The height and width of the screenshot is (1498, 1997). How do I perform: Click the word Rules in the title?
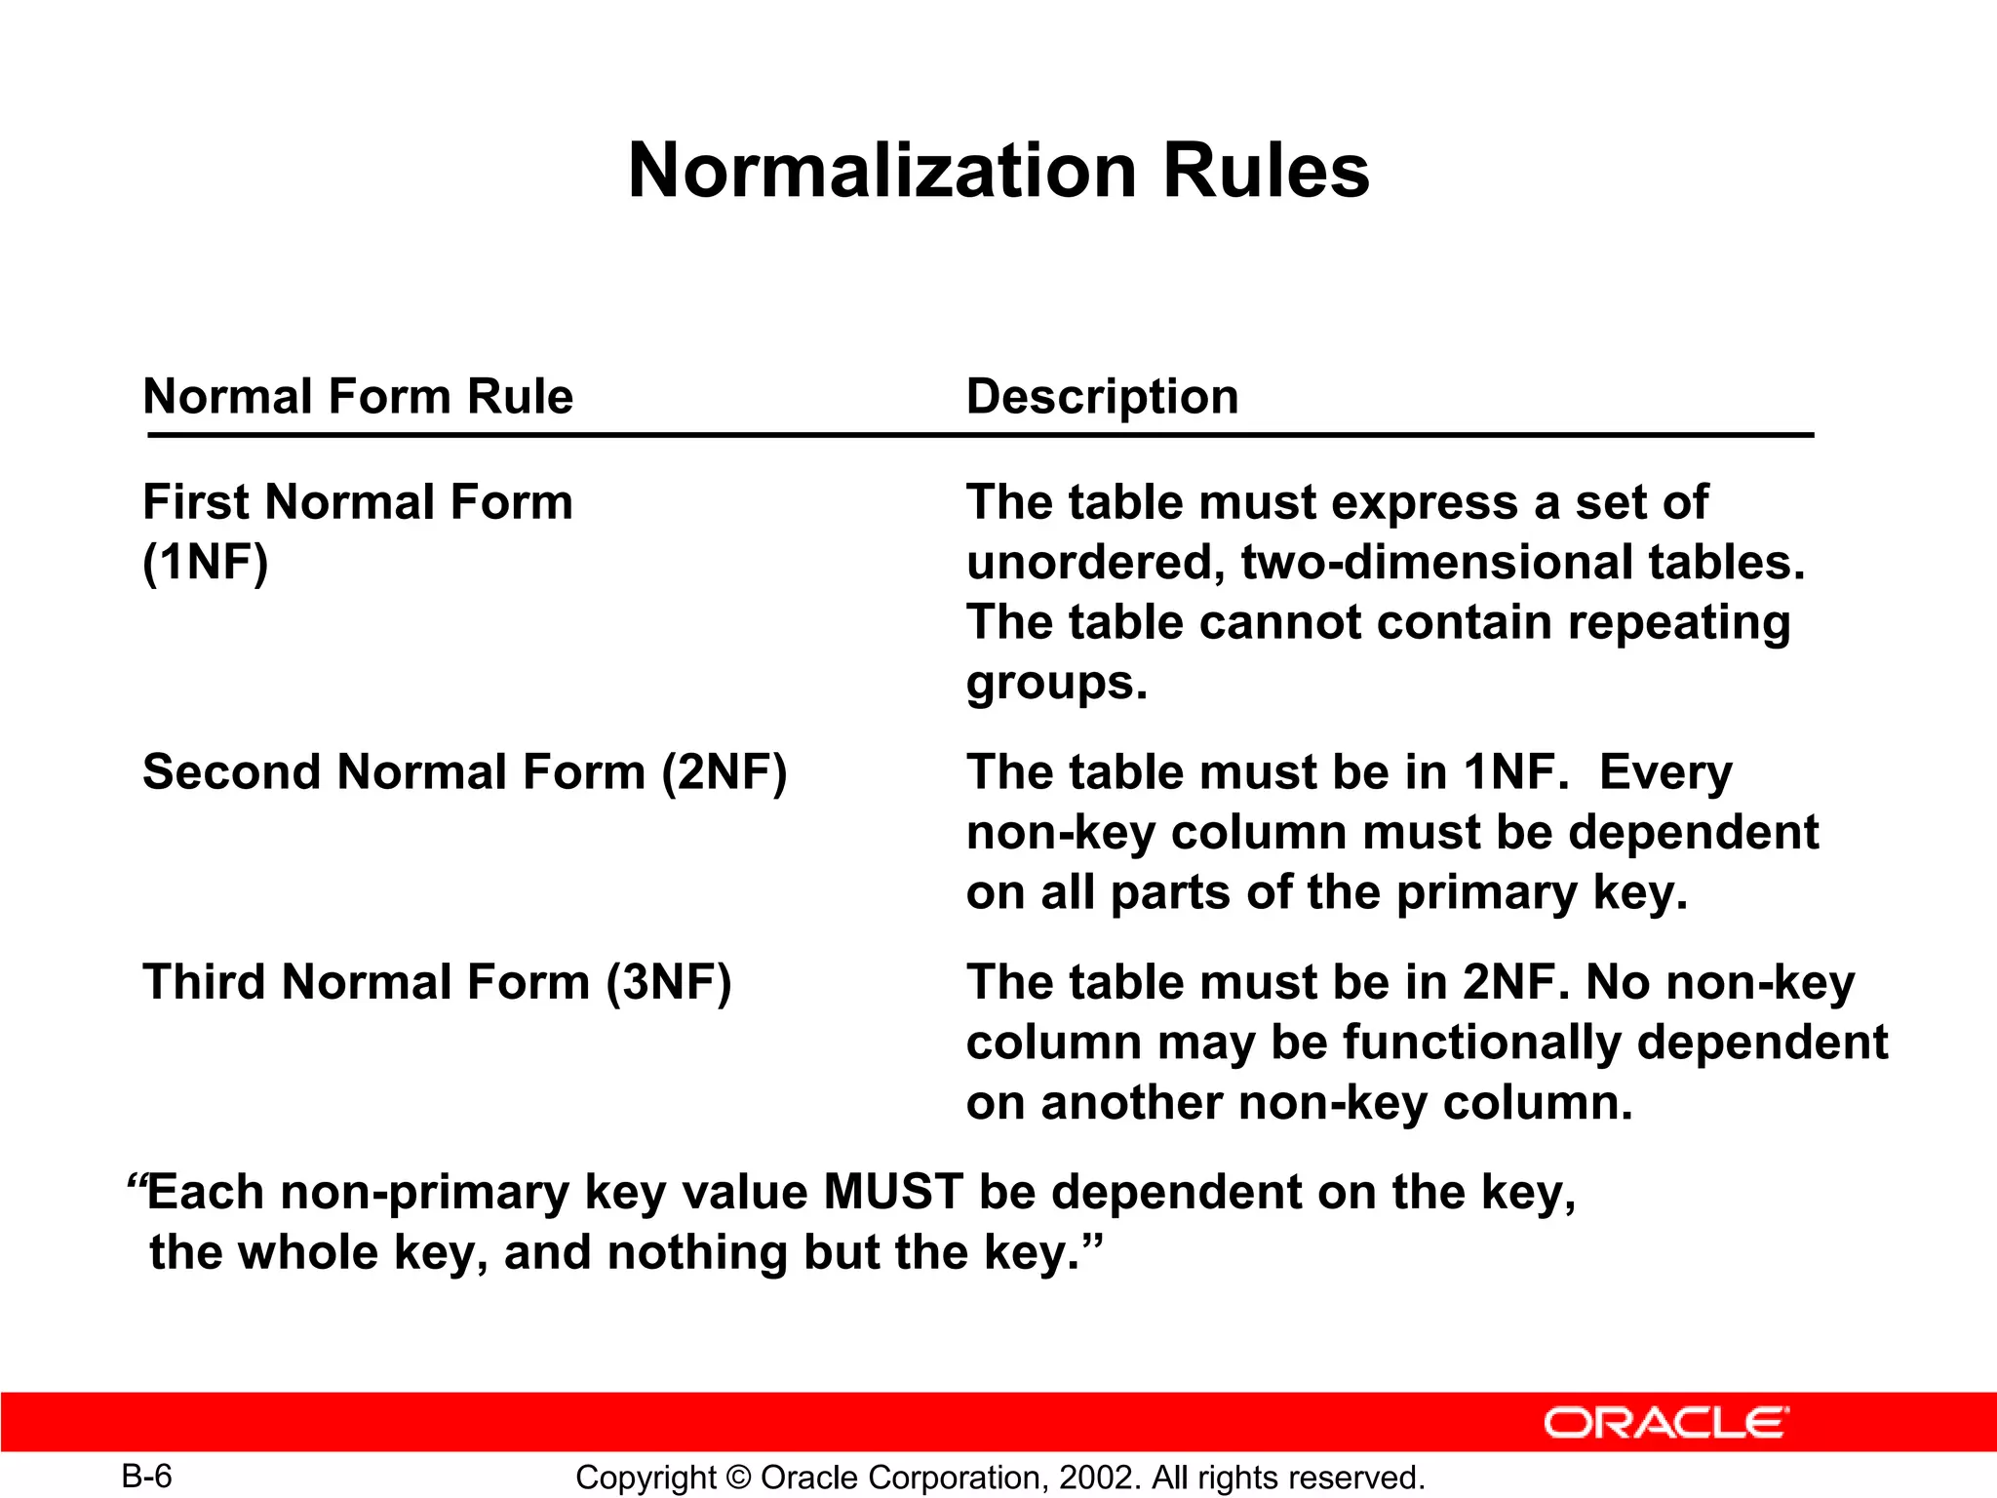pos(1266,171)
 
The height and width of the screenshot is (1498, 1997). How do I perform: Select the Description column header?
pos(1102,397)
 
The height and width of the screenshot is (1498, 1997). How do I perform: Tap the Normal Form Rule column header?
pos(358,397)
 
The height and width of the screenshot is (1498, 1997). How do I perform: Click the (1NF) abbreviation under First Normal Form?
pos(205,563)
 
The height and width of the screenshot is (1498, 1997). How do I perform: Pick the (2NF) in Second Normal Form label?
pos(724,772)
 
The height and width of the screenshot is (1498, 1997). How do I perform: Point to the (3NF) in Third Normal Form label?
pos(668,982)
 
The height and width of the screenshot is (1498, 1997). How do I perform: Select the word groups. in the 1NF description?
pos(1057,683)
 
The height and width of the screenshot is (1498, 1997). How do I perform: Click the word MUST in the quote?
pos(893,1193)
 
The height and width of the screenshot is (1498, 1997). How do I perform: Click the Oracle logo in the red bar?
pos(1665,1423)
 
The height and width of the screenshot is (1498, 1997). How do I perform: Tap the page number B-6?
pos(146,1476)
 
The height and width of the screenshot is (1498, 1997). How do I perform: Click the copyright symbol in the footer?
pos(738,1478)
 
